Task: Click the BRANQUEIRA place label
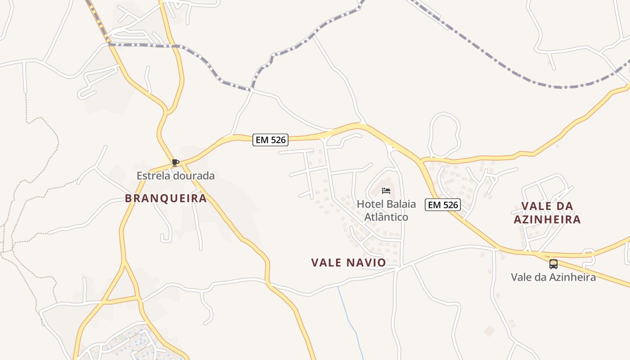(166, 198)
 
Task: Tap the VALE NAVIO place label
(348, 262)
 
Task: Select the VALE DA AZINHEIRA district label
(547, 213)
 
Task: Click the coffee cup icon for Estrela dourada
(175, 162)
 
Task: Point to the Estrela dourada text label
(175, 175)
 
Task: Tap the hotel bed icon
(386, 191)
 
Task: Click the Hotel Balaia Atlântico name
(386, 210)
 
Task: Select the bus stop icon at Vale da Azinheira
(553, 264)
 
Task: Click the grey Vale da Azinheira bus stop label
(553, 277)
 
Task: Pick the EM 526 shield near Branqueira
(270, 140)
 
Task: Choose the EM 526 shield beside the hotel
(443, 205)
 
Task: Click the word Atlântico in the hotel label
(386, 217)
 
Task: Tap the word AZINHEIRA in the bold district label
(547, 220)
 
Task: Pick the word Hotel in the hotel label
(368, 204)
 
